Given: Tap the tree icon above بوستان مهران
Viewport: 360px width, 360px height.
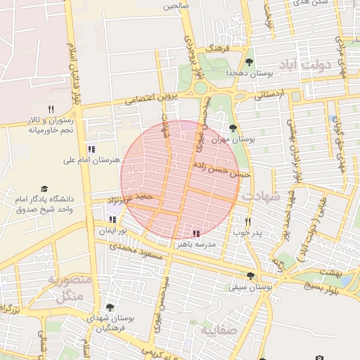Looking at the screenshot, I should click(233, 128).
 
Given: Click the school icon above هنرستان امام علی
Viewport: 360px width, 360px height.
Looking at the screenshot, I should click(91, 149).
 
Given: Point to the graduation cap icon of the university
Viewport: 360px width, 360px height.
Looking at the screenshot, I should click(45, 189).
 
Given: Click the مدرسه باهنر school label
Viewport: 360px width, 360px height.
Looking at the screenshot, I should click(202, 245).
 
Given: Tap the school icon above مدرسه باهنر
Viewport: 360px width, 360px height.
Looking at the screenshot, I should click(195, 233).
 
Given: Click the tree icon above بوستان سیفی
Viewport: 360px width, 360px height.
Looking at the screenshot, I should click(251, 276).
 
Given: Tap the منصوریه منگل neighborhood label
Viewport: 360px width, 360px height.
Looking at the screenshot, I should click(69, 288).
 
